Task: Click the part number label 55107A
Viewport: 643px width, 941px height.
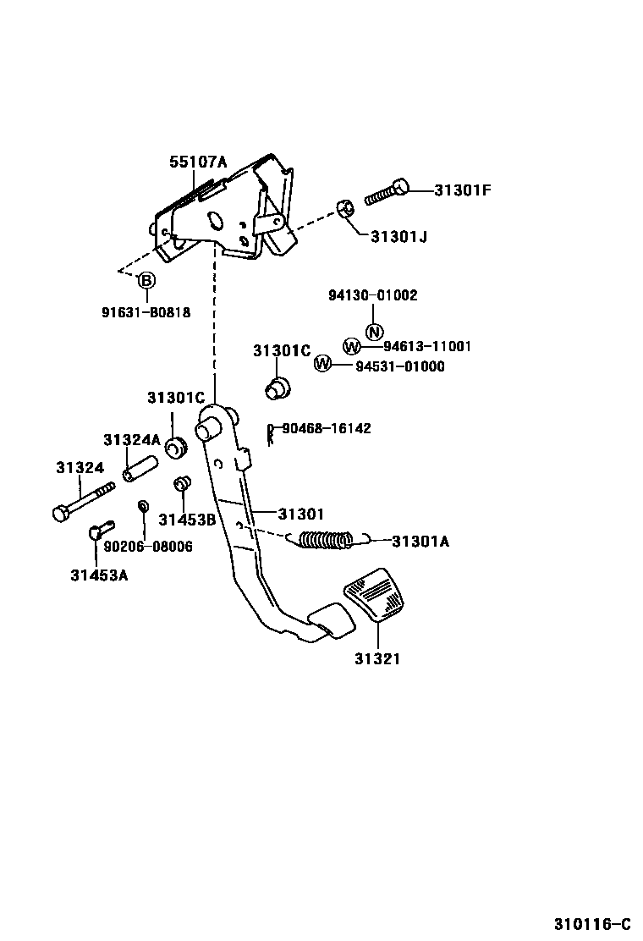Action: pyautogui.click(x=198, y=161)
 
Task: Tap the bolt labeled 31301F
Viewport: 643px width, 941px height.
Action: pyautogui.click(x=387, y=193)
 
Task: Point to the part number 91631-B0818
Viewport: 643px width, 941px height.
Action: pyautogui.click(x=146, y=312)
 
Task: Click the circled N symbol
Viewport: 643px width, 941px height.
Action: pyautogui.click(x=374, y=330)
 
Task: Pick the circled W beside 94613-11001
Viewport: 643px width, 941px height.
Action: pyautogui.click(x=352, y=346)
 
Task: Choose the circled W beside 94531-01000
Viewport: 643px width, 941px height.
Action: pyautogui.click(x=322, y=365)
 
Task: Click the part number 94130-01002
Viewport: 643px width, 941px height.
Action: pyautogui.click(x=373, y=295)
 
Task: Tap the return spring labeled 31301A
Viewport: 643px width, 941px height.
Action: pyautogui.click(x=326, y=539)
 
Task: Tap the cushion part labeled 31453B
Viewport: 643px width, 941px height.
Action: pyautogui.click(x=180, y=484)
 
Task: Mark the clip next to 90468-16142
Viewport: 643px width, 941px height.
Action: pyautogui.click(x=270, y=433)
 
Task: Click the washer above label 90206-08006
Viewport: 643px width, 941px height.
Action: pyautogui.click(x=143, y=506)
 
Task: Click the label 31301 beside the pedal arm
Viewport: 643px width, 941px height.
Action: pyautogui.click(x=301, y=513)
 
